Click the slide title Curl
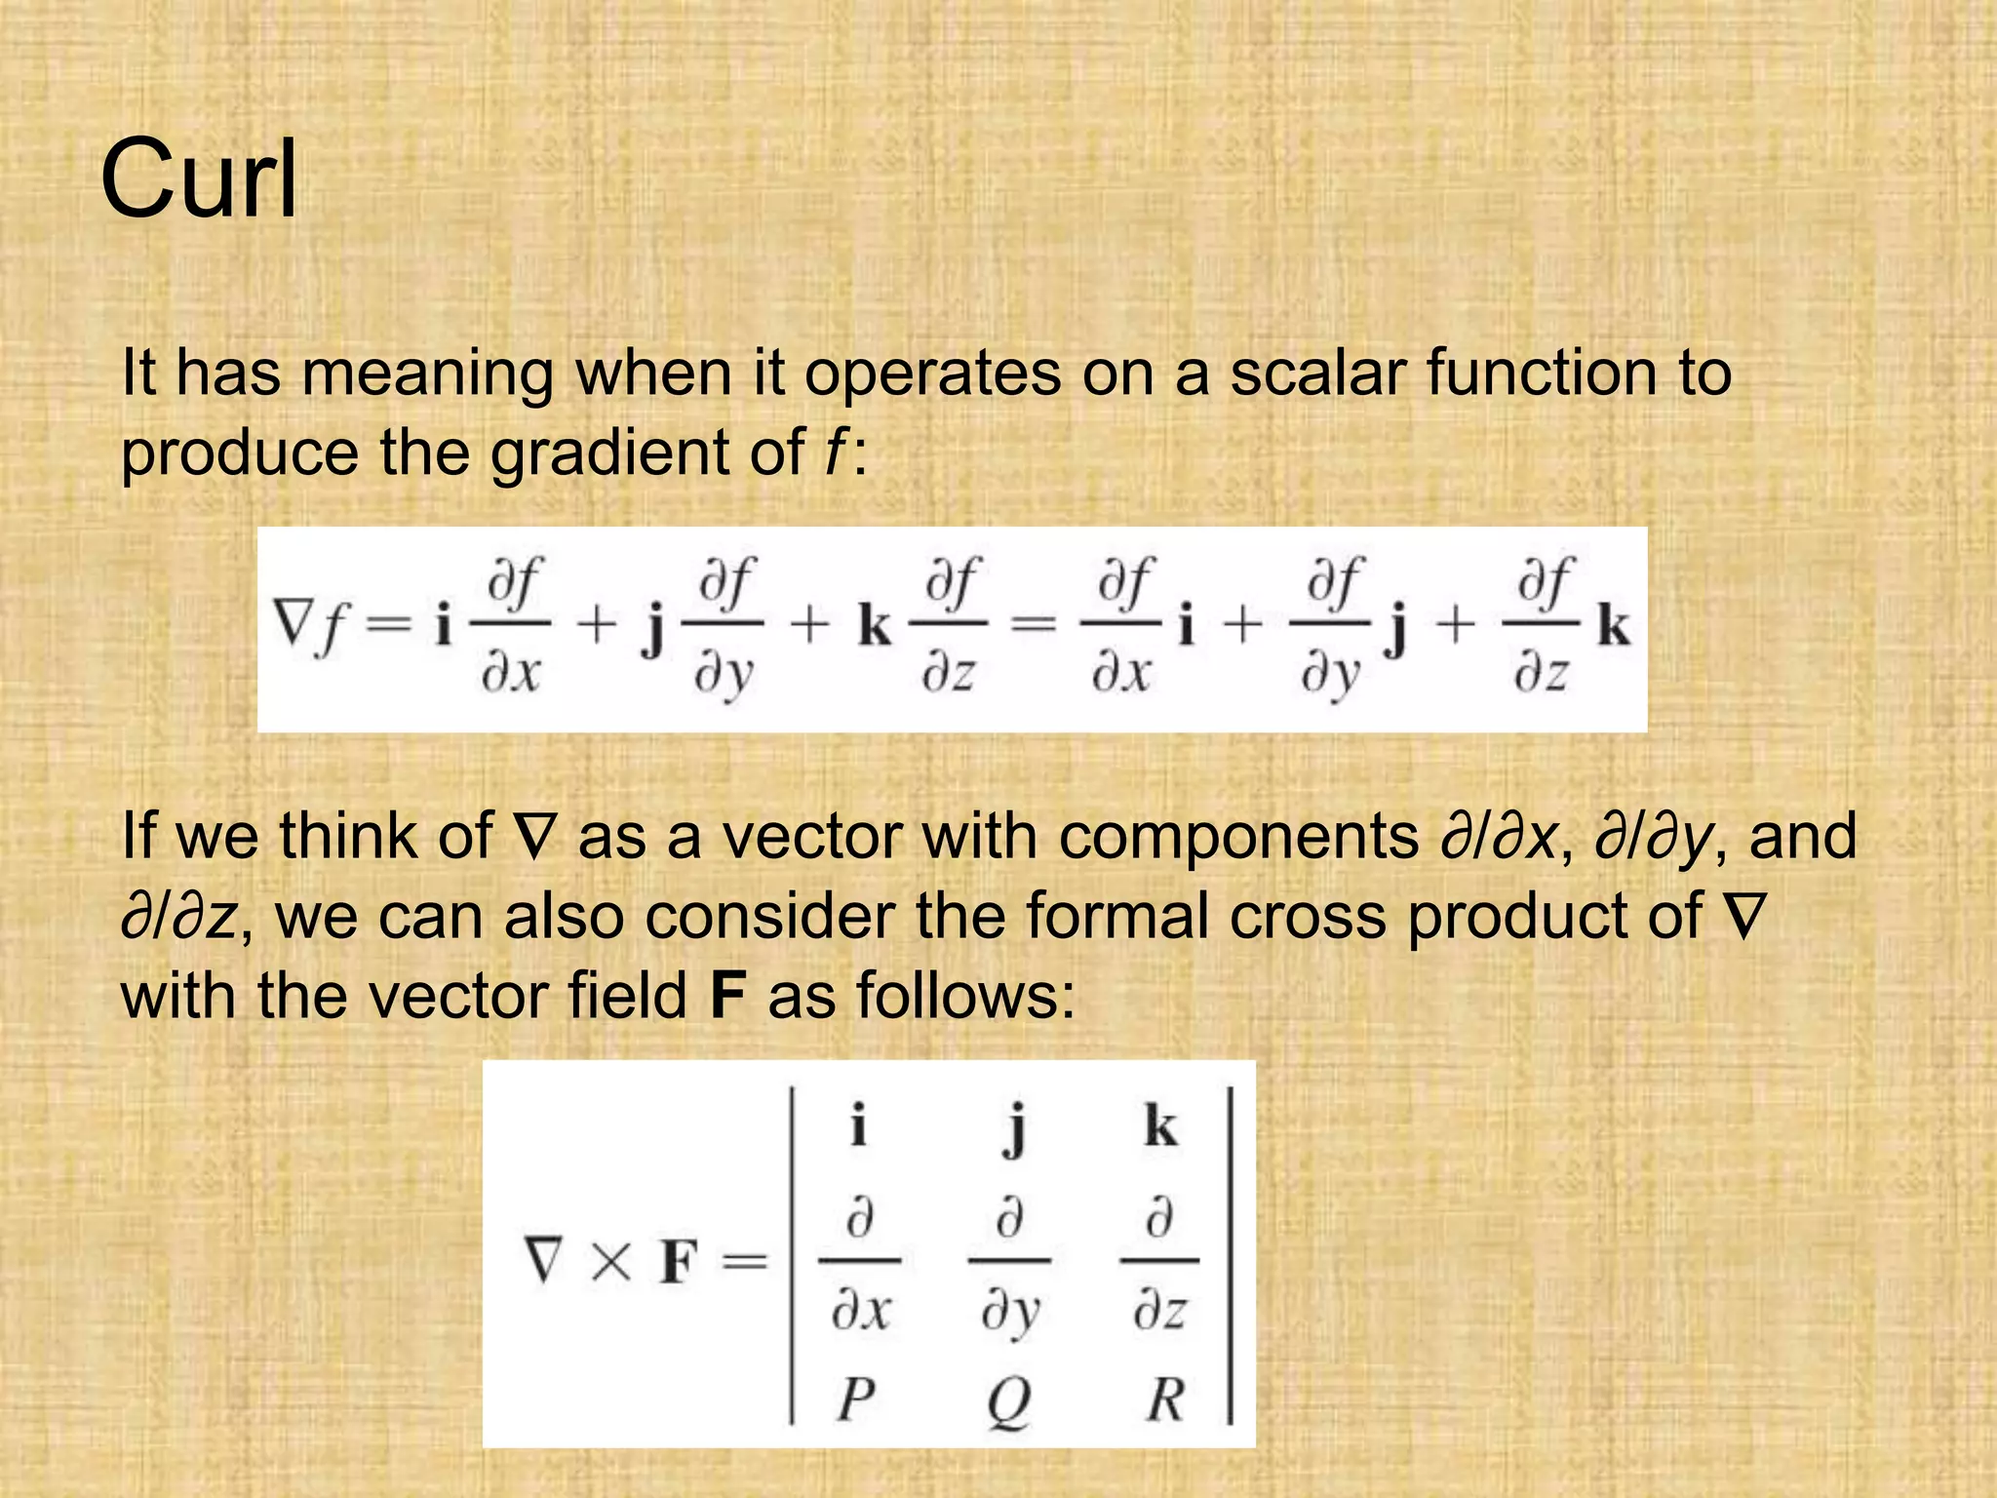(199, 179)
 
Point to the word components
(1238, 837)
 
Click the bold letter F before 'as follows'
(728, 997)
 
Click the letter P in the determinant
(855, 1399)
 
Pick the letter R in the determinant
(1164, 1399)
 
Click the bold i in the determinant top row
(858, 1126)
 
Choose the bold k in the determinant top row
(1160, 1126)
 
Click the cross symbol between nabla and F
(611, 1263)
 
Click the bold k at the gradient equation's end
(1613, 626)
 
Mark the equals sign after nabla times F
(745, 1263)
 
